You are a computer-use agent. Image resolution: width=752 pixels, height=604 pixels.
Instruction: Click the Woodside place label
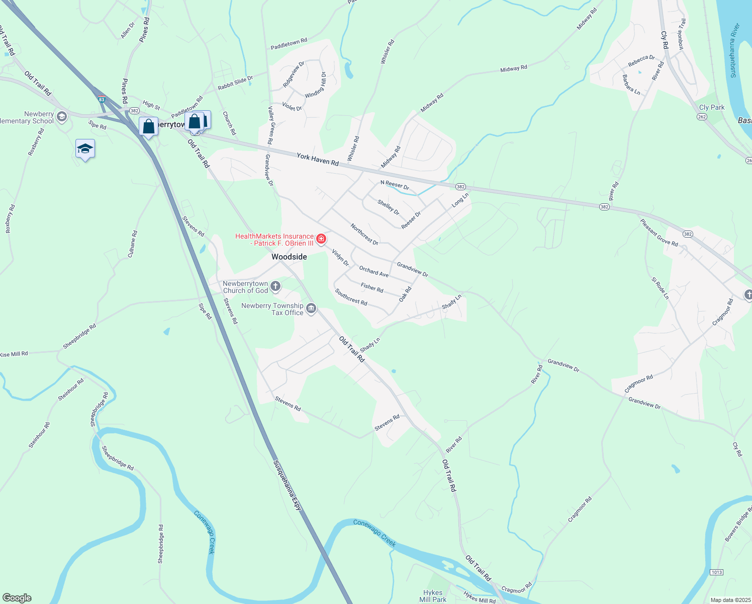[289, 257]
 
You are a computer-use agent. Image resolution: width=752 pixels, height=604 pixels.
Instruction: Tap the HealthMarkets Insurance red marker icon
[321, 239]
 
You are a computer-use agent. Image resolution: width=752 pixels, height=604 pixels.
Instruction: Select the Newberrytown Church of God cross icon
[275, 287]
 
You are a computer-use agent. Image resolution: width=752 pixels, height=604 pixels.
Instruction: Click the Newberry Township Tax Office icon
[311, 309]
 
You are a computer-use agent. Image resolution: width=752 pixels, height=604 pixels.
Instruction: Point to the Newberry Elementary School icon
[62, 117]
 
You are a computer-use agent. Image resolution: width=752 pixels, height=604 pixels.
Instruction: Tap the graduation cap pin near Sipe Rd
[85, 149]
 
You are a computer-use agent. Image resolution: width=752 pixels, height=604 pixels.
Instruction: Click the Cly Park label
[712, 107]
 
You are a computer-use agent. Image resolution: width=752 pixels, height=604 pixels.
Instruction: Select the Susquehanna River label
[734, 50]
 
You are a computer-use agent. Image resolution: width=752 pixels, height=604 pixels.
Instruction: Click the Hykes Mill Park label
[433, 596]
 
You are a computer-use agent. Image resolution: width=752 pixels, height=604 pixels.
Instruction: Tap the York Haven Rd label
[317, 160]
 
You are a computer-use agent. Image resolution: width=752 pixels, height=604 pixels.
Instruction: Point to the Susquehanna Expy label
[287, 485]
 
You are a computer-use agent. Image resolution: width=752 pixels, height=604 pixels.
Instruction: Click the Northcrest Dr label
[364, 235]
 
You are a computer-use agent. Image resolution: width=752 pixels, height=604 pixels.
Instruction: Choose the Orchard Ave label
[373, 272]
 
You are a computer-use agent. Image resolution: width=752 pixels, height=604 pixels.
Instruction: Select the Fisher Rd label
[372, 287]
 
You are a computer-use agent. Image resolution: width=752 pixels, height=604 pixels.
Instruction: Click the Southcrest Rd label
[351, 297]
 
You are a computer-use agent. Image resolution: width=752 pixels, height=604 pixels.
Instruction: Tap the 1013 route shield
[716, 572]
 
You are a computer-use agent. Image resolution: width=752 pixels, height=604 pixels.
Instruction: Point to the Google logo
[17, 597]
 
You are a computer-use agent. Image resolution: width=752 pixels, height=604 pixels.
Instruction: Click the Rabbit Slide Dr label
[235, 83]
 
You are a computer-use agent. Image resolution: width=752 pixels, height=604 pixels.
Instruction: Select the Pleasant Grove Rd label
[659, 233]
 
